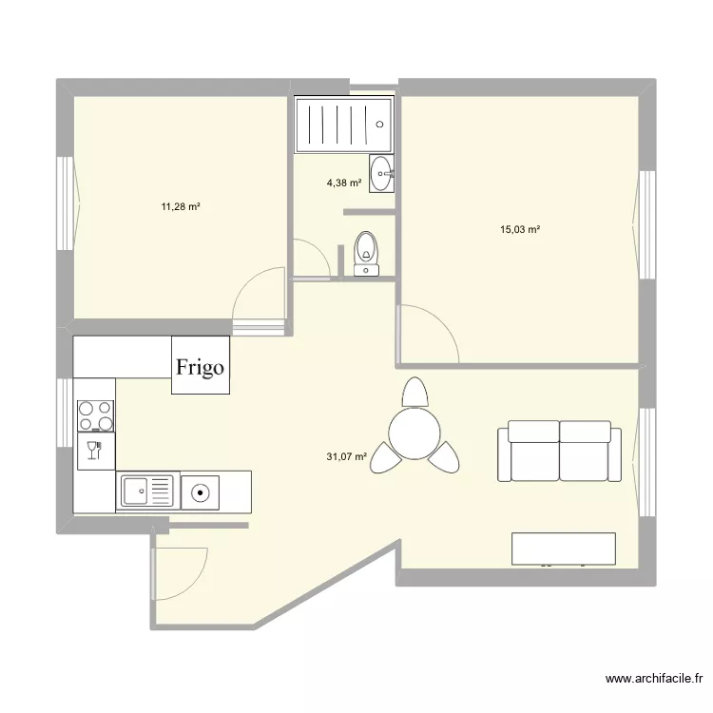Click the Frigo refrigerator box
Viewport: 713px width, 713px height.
[x=200, y=365]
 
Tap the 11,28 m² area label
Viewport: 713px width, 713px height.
[x=181, y=205]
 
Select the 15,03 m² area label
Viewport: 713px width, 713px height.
[x=520, y=229]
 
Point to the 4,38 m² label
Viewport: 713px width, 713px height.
[x=344, y=183]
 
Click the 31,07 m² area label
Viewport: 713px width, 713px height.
[x=347, y=456]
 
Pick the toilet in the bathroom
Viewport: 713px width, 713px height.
[x=366, y=253]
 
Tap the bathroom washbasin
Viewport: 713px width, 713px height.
[x=382, y=173]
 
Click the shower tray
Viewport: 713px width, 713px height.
[x=343, y=124]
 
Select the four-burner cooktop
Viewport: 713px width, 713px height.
[x=95, y=415]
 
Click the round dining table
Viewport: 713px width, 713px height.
[x=414, y=430]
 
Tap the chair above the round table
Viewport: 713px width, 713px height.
[x=415, y=392]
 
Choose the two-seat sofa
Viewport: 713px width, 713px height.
[x=559, y=452]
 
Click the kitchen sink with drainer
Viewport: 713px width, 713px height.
[x=147, y=491]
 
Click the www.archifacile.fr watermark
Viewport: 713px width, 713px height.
[x=654, y=679]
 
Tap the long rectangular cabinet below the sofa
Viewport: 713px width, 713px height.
[x=563, y=549]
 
